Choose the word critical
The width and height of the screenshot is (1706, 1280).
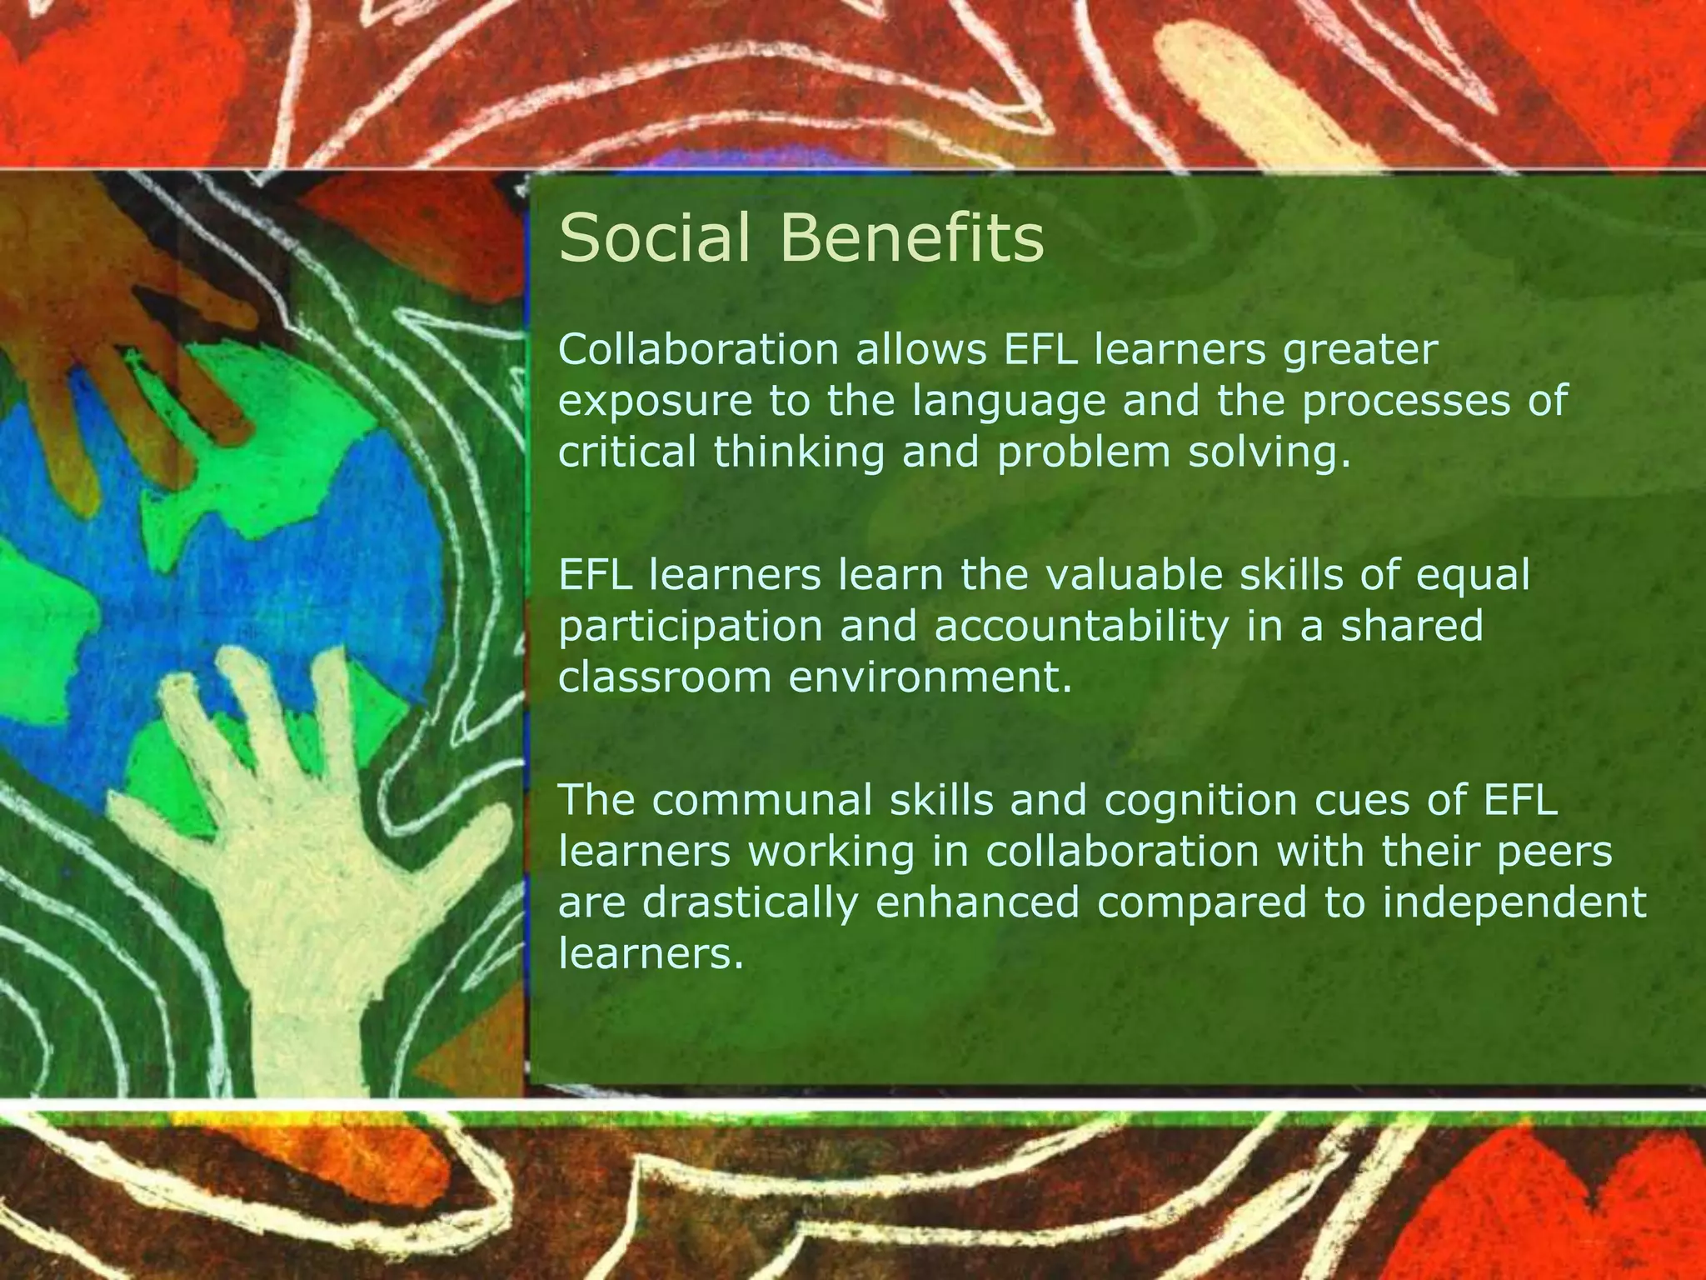tap(627, 452)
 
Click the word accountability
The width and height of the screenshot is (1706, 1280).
tap(1081, 627)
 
